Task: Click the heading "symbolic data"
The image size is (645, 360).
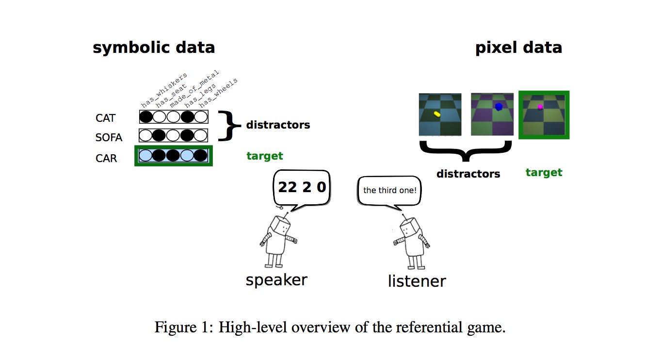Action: [x=153, y=48]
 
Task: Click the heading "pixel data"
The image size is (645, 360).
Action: [x=518, y=48]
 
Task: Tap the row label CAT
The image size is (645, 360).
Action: [x=106, y=118]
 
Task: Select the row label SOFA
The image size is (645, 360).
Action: [x=109, y=138]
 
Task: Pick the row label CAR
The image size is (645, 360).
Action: [x=106, y=159]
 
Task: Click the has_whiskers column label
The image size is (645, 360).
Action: [x=164, y=91]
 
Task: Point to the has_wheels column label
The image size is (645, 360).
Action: [x=219, y=92]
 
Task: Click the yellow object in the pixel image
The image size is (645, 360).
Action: [x=436, y=114]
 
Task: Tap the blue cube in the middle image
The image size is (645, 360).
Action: [x=498, y=107]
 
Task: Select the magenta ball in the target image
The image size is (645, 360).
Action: [x=539, y=107]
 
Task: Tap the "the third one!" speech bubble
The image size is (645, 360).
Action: [x=389, y=190]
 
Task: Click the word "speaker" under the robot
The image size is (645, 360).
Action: [x=276, y=280]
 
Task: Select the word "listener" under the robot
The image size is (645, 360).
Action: [x=417, y=281]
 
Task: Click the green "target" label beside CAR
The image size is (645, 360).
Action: [x=265, y=156]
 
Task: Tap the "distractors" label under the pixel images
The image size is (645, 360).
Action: [x=468, y=173]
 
